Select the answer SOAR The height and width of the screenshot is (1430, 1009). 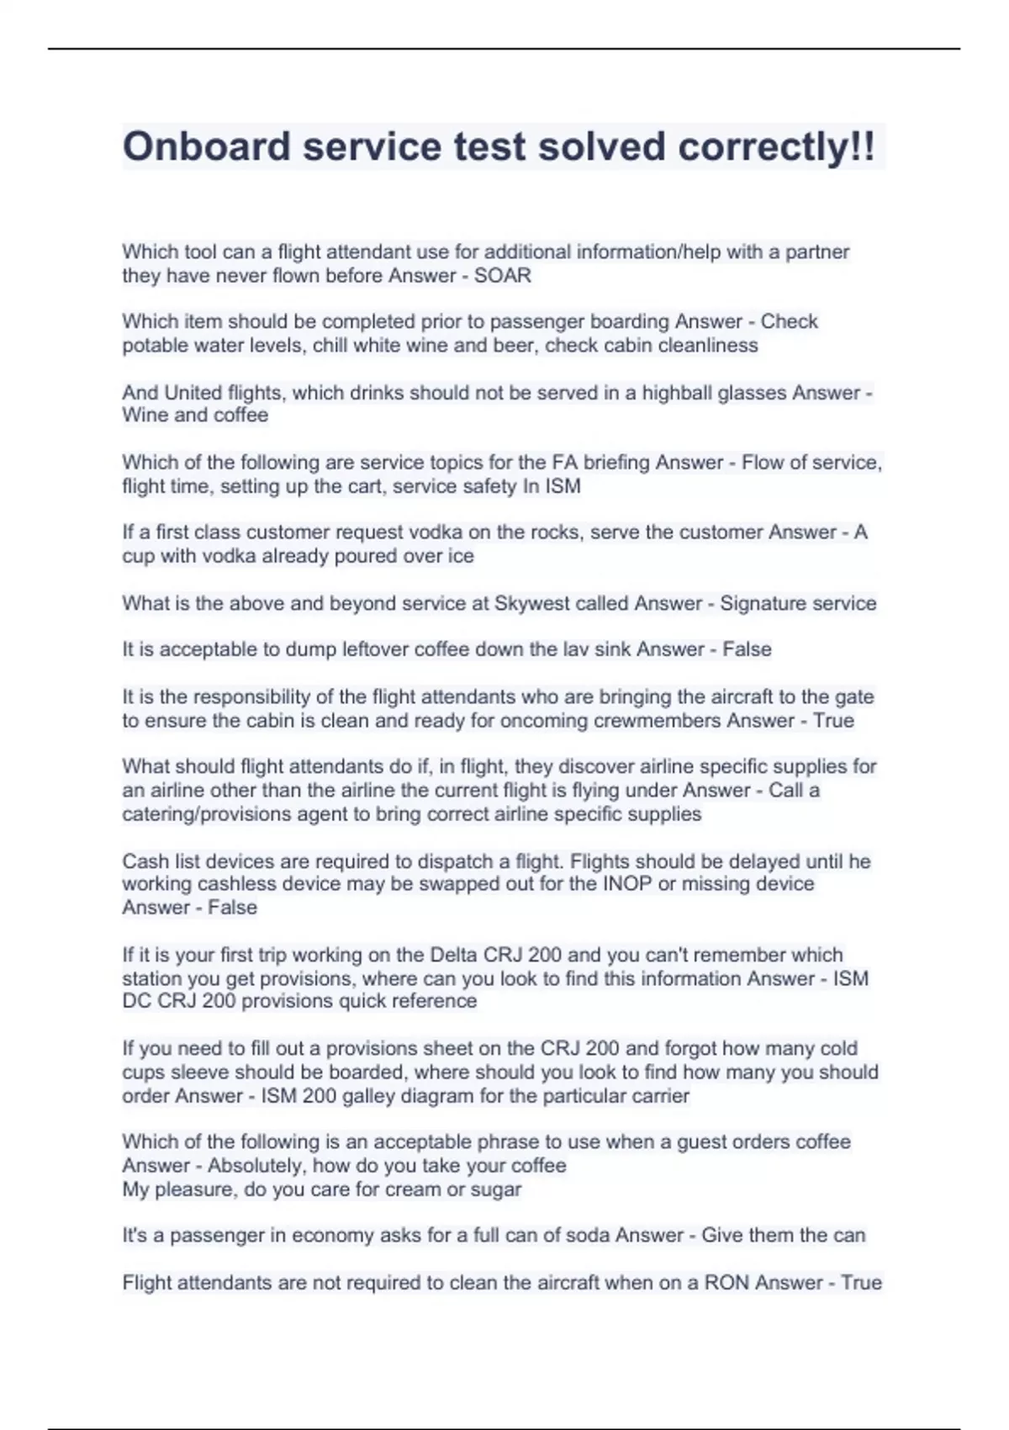click(503, 275)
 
